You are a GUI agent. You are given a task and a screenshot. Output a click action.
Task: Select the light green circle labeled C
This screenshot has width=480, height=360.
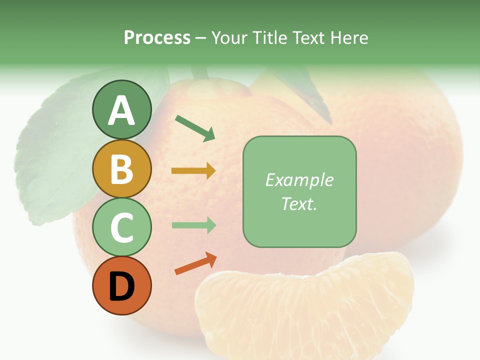click(121, 227)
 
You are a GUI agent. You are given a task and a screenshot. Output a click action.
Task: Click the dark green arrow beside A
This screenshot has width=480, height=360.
click(195, 128)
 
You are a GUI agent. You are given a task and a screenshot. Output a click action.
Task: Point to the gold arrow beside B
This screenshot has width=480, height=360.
click(193, 171)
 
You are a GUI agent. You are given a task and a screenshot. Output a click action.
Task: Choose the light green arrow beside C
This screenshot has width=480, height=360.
click(193, 225)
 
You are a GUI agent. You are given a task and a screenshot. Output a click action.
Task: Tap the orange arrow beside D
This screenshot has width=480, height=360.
click(195, 263)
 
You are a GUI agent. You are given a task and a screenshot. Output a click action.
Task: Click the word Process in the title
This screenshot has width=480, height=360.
click(157, 38)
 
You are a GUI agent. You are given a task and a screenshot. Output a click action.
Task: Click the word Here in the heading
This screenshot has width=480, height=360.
click(349, 38)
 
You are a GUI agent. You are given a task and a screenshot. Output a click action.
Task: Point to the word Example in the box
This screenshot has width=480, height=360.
click(299, 180)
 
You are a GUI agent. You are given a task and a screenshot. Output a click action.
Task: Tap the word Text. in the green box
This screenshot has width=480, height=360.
click(299, 203)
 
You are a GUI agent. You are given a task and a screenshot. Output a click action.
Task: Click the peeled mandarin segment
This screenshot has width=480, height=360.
click(305, 305)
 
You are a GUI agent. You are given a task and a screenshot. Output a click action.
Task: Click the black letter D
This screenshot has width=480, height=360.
click(121, 287)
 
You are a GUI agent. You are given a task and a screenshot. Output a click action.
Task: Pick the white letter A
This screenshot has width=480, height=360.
click(121, 110)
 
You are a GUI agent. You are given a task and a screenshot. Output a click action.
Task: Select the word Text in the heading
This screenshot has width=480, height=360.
click(309, 38)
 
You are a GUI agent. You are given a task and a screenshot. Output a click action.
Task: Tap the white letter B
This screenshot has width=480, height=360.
click(121, 169)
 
